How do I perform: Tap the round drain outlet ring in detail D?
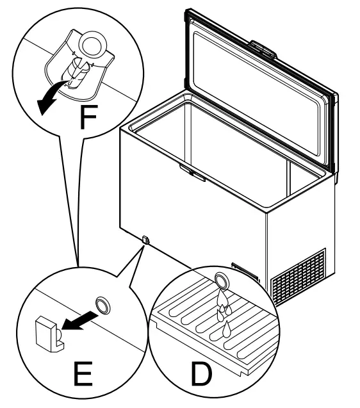click(222, 279)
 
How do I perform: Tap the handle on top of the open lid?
click(263, 48)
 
